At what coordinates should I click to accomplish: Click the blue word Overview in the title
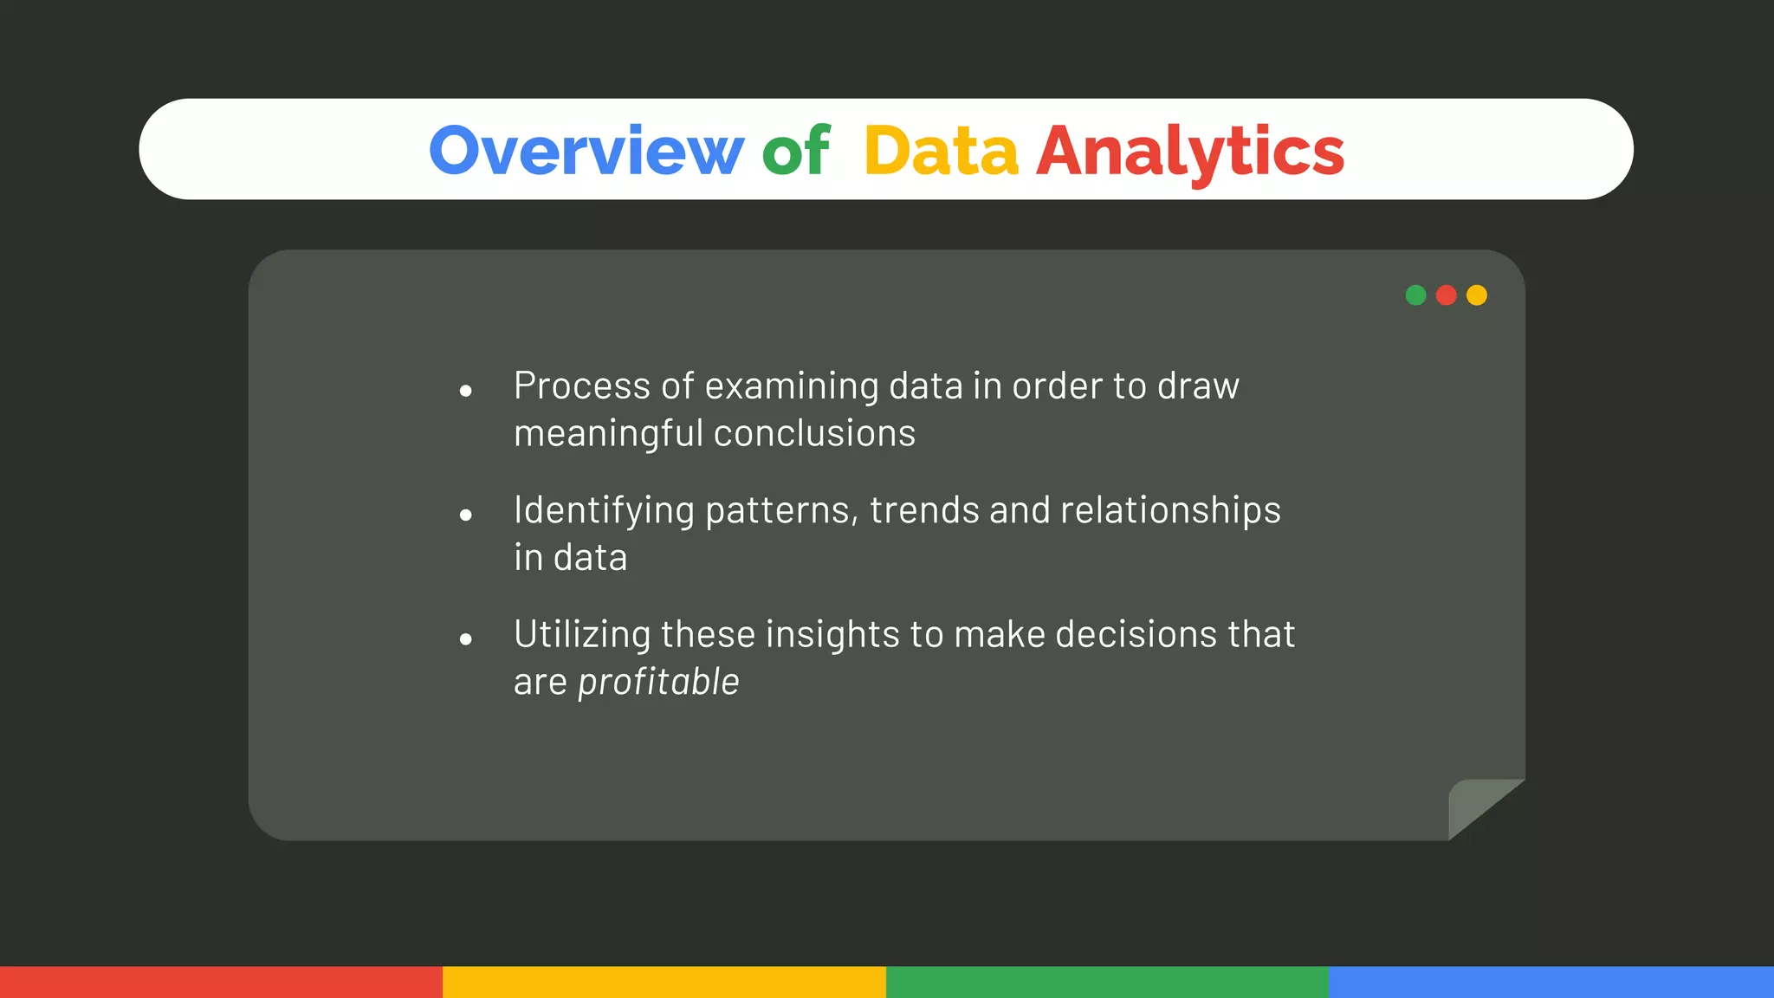[586, 151]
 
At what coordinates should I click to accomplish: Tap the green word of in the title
[795, 151]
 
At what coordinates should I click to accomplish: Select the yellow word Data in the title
[941, 151]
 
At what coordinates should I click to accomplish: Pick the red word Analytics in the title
[1189, 151]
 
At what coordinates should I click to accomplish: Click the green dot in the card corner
[1415, 295]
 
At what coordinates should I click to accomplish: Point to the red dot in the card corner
[1446, 295]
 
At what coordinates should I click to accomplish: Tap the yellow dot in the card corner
[1477, 295]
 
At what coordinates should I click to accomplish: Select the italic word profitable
[658, 682]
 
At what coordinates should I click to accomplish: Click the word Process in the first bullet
[581, 386]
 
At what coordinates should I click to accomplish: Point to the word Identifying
[604, 510]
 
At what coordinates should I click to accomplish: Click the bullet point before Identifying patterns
[466, 515]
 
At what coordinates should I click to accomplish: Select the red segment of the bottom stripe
[221, 982]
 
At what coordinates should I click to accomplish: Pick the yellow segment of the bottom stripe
[664, 982]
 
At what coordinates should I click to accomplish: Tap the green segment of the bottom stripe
[1107, 982]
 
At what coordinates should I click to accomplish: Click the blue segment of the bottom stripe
[1551, 982]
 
